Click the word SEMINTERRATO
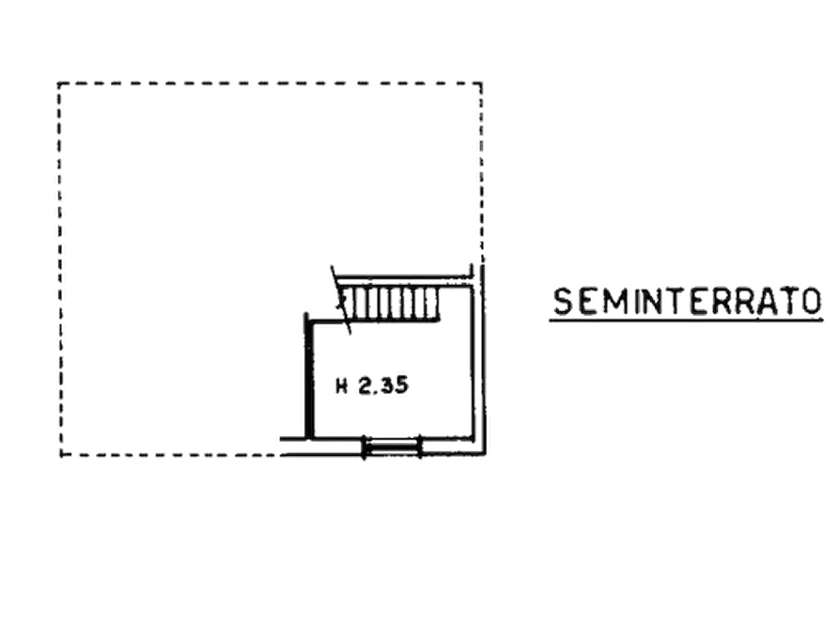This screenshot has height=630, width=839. [687, 301]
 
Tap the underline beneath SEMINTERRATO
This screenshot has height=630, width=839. [687, 321]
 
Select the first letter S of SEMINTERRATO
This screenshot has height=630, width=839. [563, 302]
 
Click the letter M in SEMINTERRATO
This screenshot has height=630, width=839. [611, 302]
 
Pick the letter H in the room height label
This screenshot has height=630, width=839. [341, 386]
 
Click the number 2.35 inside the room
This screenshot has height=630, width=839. [383, 386]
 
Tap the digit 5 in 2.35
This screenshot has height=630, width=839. [402, 386]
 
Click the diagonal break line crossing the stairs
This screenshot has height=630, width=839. [341, 300]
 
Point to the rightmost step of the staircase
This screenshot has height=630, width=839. [432, 304]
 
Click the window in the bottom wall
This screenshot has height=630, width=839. [392, 448]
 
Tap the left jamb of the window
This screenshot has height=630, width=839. [365, 448]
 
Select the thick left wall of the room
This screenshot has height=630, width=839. [309, 376]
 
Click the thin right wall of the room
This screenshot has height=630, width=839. [473, 363]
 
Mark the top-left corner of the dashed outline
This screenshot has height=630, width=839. [58, 83]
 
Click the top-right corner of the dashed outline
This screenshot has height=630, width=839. [481, 83]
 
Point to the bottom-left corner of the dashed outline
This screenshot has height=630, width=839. [61, 455]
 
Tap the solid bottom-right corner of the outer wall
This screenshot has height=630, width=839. [484, 454]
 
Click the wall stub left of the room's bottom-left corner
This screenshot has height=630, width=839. [293, 439]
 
